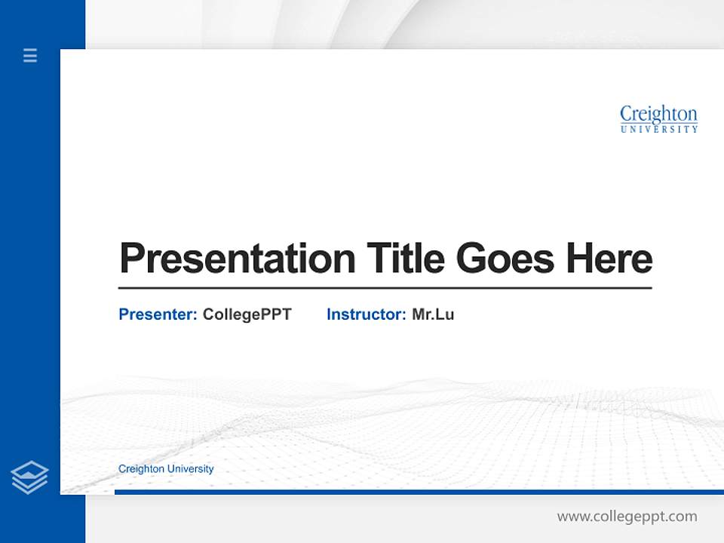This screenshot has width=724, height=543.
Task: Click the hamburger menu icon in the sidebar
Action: [x=30, y=55]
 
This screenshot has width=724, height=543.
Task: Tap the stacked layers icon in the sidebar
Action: [x=29, y=477]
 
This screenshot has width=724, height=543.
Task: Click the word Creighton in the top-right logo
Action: [x=658, y=114]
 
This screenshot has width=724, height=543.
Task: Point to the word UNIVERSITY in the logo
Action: [x=658, y=130]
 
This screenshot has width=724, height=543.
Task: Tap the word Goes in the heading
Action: [x=506, y=259]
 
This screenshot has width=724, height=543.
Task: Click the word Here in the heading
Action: [x=609, y=259]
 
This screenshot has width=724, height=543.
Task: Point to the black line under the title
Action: [x=385, y=288]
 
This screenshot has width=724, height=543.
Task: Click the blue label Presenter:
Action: [x=158, y=314]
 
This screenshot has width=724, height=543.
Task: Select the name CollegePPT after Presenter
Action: [x=247, y=314]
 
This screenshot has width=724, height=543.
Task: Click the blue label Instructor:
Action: [x=366, y=314]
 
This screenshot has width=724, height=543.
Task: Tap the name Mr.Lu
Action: [x=433, y=314]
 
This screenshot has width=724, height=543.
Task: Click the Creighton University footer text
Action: [x=166, y=469]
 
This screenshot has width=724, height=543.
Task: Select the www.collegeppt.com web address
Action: [x=627, y=517]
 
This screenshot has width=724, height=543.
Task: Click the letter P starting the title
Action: [x=132, y=259]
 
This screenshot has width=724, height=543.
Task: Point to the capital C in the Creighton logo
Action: [x=626, y=114]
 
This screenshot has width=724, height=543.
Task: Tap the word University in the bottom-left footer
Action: [x=190, y=469]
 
